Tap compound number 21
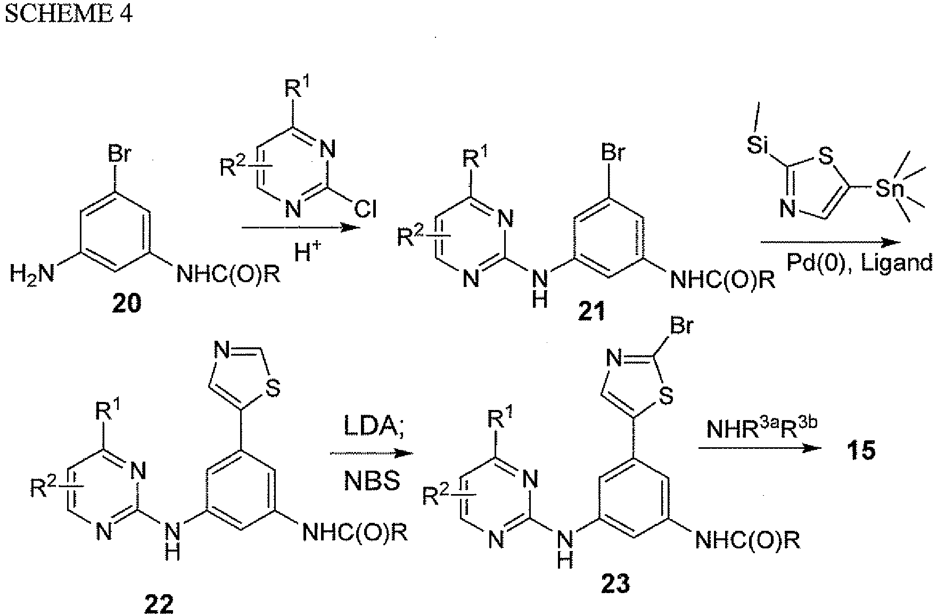(591, 311)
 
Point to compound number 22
(159, 603)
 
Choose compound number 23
(615, 584)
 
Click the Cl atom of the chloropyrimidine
(365, 211)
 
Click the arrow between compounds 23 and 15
(759, 449)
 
